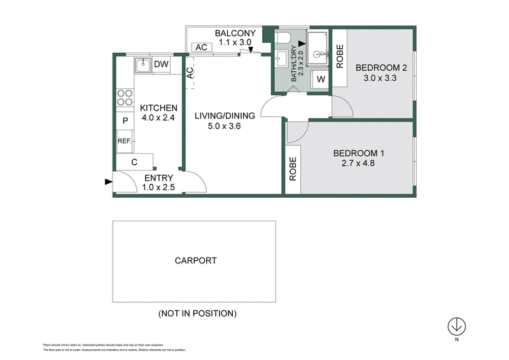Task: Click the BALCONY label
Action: [x=235, y=33]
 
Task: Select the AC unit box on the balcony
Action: [x=202, y=48]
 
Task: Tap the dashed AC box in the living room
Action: [x=189, y=74]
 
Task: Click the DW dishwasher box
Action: [x=162, y=64]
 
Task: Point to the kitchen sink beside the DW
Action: [x=143, y=64]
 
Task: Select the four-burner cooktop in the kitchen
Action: [x=124, y=97]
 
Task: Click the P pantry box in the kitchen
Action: [x=125, y=120]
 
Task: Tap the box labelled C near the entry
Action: [x=134, y=162]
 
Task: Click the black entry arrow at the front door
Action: [x=107, y=182]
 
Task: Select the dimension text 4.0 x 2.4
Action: [x=158, y=118]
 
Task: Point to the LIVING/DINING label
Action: [x=225, y=116]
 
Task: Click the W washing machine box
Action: [x=321, y=80]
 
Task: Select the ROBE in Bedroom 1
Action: [x=293, y=169]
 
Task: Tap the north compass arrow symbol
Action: [x=456, y=326]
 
